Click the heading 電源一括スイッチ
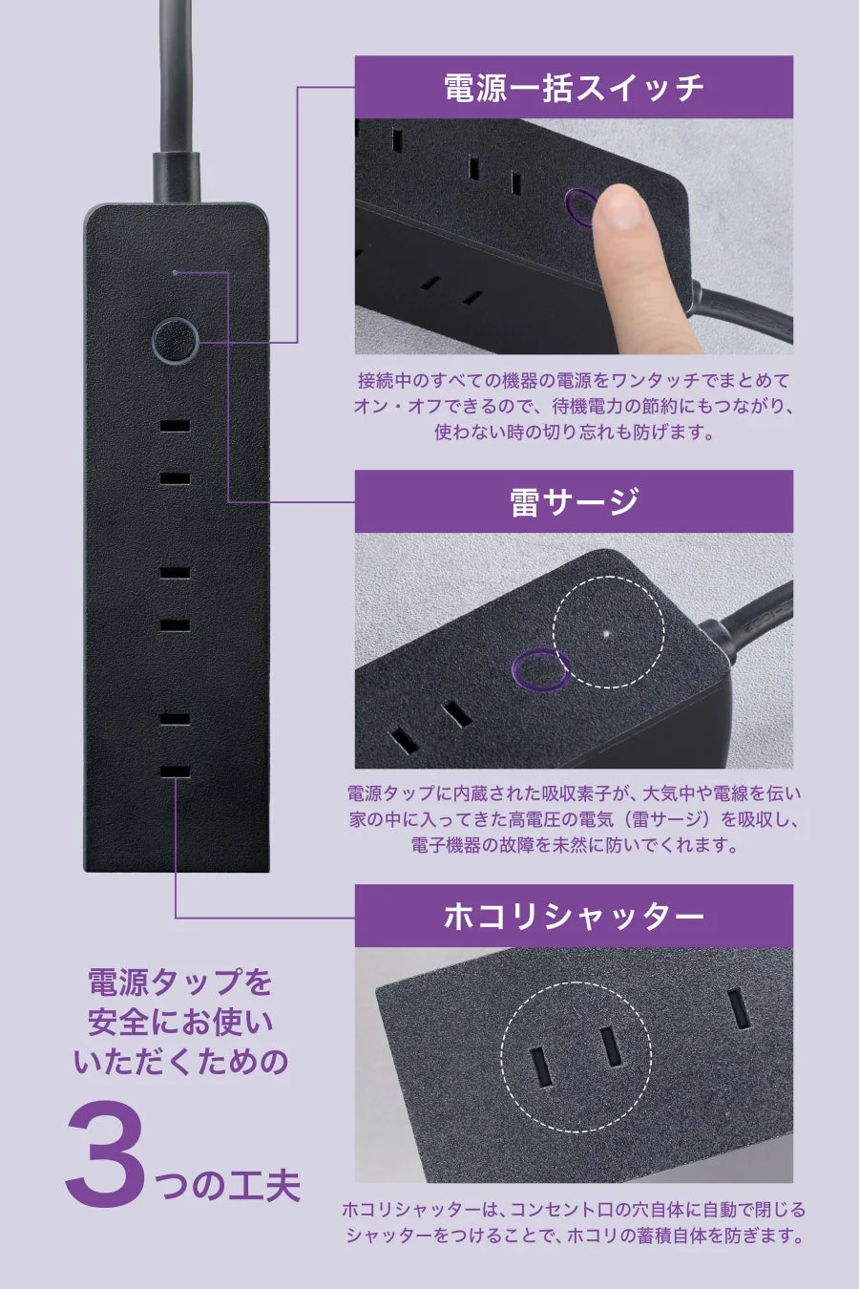[x=574, y=87]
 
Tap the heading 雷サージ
[x=574, y=501]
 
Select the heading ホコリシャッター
[x=574, y=916]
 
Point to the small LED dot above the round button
[x=175, y=272]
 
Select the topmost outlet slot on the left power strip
[x=175, y=426]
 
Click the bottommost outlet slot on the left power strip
[x=175, y=771]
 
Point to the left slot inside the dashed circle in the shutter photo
[x=539, y=1067]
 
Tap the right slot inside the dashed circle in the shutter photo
[x=612, y=1047]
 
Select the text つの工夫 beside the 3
[x=227, y=1185]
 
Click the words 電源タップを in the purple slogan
[x=180, y=982]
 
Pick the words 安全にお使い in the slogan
[x=180, y=1022]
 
